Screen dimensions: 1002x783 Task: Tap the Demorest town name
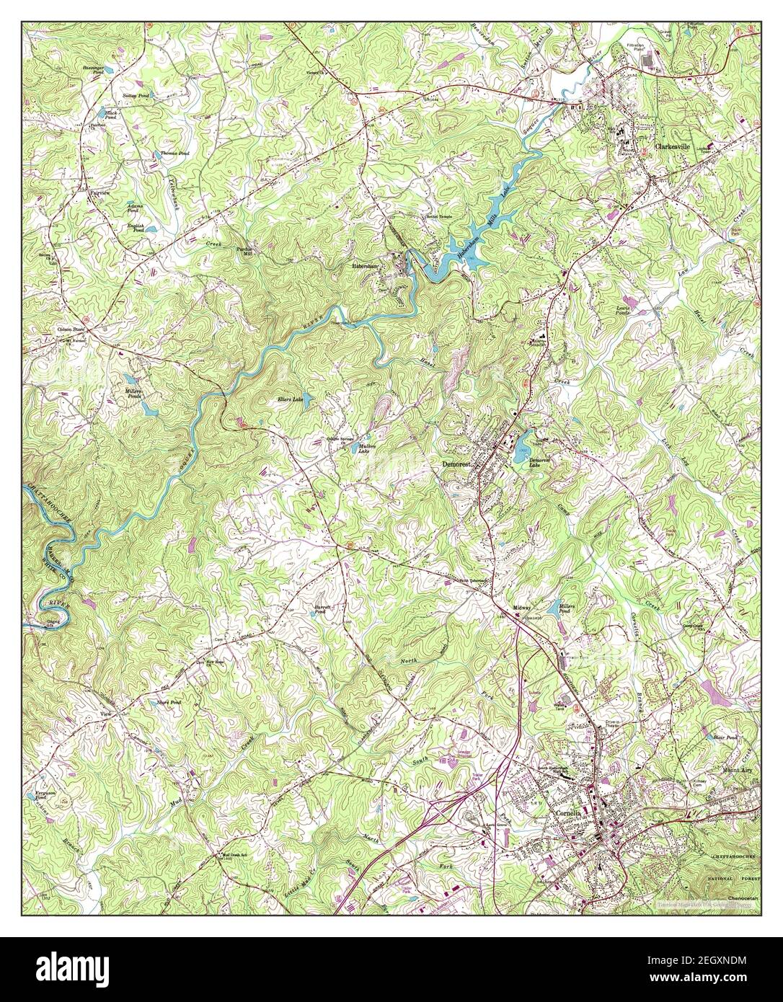pos(456,466)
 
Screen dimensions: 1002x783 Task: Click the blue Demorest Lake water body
pos(521,453)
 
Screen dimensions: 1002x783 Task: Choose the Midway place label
pos(522,608)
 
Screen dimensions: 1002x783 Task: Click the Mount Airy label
pos(738,769)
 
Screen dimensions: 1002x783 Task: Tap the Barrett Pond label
pos(322,609)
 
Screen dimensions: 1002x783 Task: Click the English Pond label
pos(137,228)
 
